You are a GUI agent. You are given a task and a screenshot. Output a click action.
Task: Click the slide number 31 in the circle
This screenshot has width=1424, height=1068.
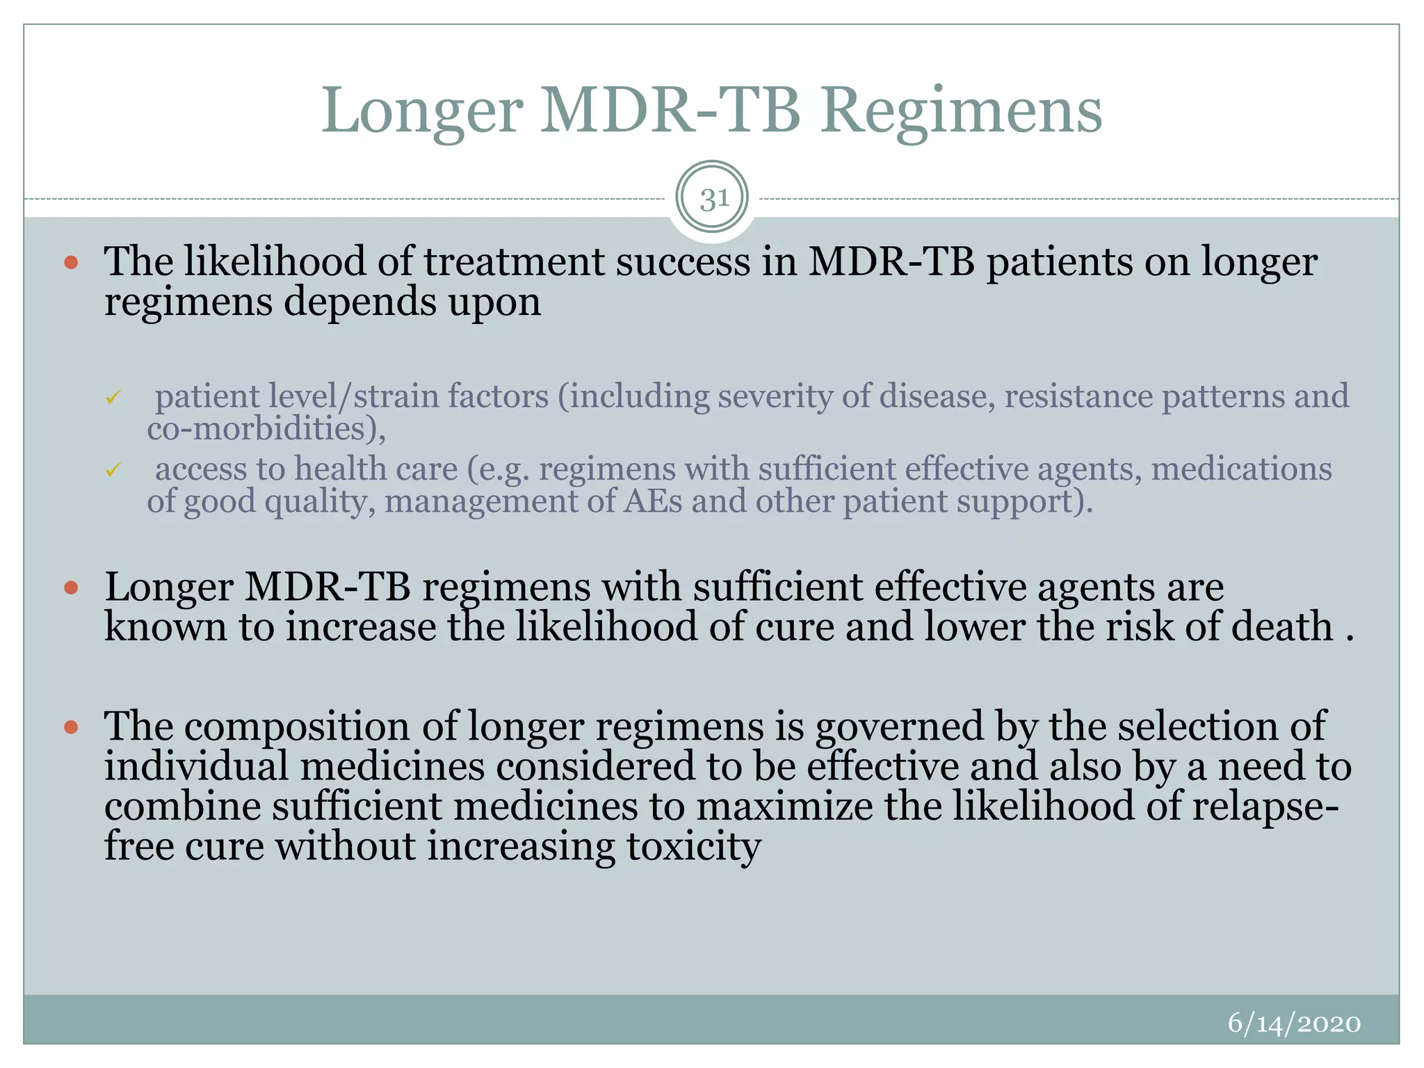(713, 200)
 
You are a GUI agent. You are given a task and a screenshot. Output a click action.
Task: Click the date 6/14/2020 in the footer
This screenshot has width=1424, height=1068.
(1293, 1023)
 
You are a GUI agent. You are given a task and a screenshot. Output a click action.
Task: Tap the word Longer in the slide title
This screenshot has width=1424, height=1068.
(421, 111)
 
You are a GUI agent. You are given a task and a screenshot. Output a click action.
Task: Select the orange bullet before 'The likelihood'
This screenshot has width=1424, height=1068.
(71, 263)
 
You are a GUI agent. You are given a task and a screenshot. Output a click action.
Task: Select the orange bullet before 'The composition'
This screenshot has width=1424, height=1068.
(71, 727)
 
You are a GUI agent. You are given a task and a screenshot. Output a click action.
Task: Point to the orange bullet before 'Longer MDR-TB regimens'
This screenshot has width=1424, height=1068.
(71, 588)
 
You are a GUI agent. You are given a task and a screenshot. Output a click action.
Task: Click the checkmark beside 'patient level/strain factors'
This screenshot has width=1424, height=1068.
(113, 398)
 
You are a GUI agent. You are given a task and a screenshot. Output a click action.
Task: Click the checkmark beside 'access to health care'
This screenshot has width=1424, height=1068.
(113, 471)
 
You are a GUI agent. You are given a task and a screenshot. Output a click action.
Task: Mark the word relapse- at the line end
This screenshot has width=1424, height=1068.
(1265, 807)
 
